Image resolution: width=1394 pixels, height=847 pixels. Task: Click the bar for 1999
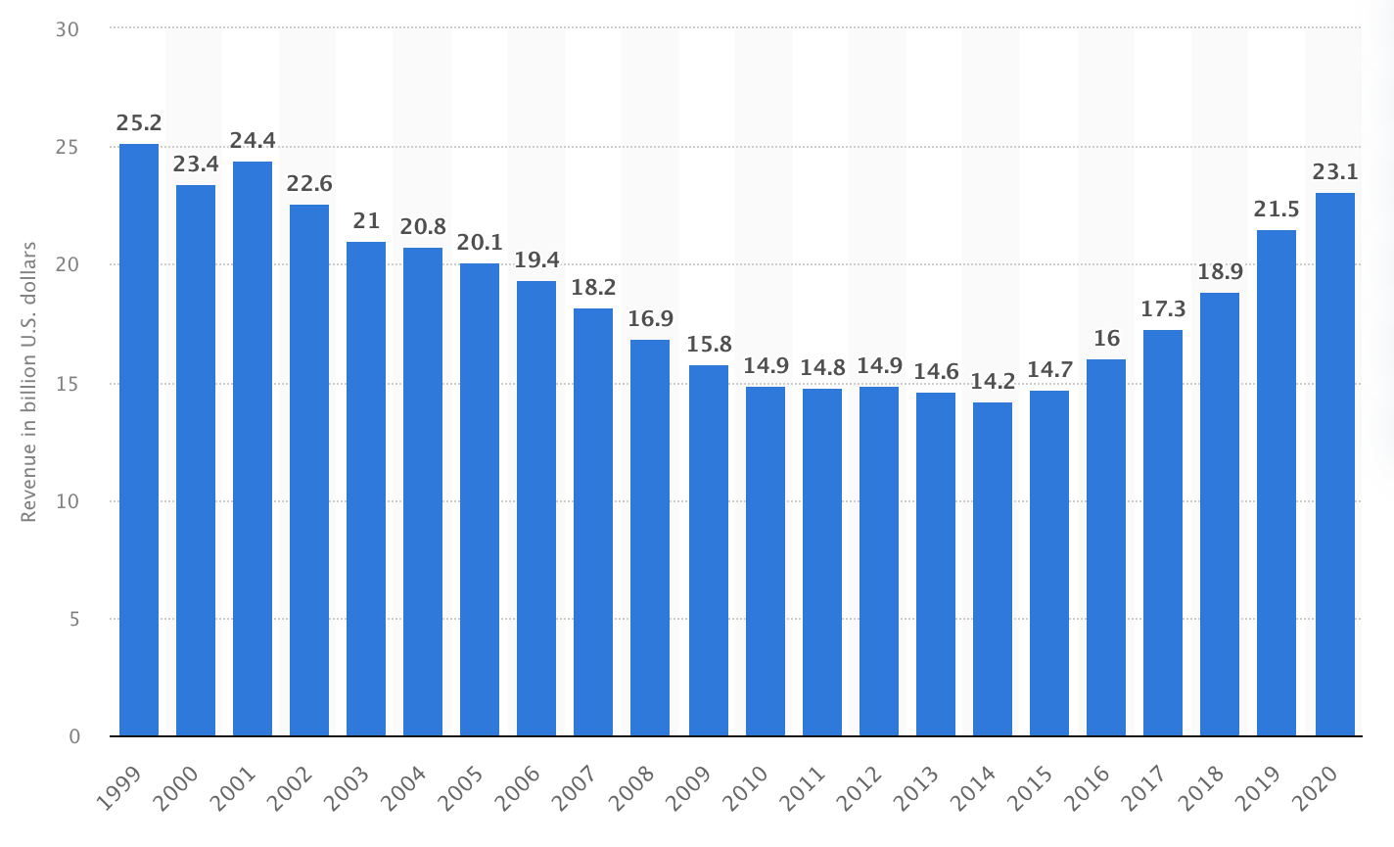pos(139,440)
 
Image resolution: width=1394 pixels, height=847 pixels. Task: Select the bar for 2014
pos(993,569)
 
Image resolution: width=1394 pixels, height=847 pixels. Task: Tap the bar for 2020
pos(1335,464)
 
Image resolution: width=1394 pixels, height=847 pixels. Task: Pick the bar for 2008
pos(650,538)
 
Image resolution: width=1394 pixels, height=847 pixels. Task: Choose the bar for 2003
pos(366,489)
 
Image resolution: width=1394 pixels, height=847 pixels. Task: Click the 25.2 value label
pos(139,123)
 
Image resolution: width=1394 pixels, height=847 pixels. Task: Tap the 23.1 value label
pos(1335,172)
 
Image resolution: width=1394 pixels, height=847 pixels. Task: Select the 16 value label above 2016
pos(1106,339)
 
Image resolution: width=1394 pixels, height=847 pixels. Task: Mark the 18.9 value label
pos(1220,272)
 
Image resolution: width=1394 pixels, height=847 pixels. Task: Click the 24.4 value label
pos(253,141)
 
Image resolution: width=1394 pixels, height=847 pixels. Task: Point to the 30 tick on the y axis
pos(68,29)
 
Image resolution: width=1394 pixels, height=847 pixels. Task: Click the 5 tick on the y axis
pos(73,619)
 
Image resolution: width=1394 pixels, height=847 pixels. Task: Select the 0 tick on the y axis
pos(73,736)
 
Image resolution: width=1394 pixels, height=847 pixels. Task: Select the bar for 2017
pos(1163,533)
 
